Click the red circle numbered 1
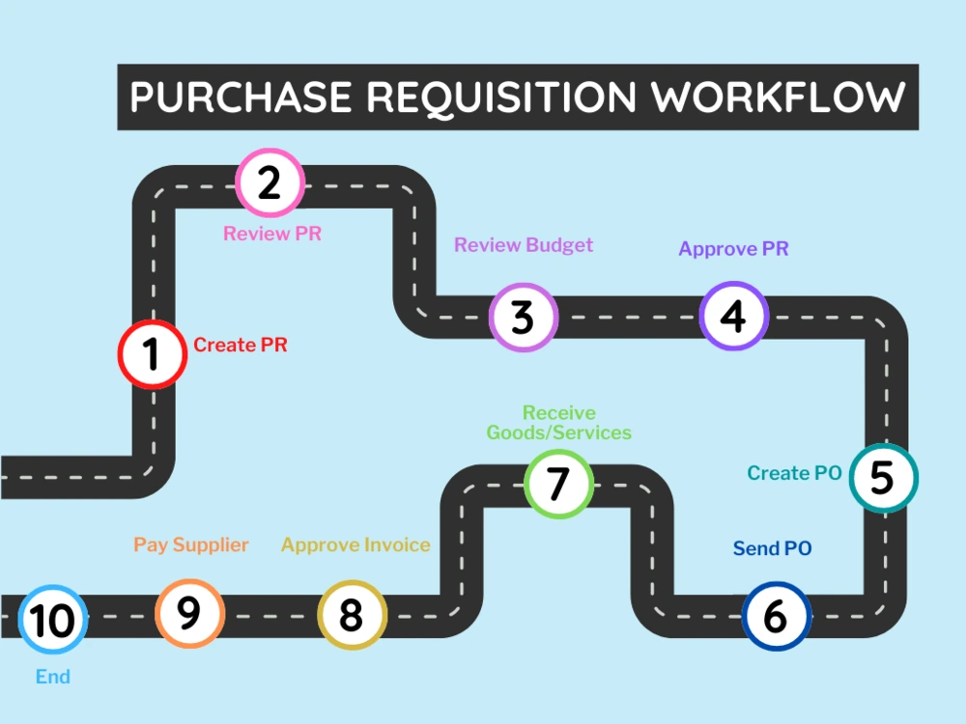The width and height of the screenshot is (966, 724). [152, 354]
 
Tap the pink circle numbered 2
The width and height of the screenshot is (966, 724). [270, 182]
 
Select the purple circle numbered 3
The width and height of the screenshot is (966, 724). [523, 317]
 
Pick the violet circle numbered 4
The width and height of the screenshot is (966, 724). [734, 315]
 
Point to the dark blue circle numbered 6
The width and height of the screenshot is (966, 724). [776, 616]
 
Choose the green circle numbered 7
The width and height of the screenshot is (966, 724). [558, 483]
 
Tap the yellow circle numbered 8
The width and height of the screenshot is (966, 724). [352, 615]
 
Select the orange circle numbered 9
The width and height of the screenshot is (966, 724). [189, 613]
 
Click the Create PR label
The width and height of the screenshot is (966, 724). [241, 345]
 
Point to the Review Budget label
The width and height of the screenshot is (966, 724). [524, 245]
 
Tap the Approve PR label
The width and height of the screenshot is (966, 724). [733, 249]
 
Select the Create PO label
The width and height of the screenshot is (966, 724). [794, 473]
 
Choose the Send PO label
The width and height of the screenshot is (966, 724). [772, 549]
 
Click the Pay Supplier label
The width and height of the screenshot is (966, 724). [191, 545]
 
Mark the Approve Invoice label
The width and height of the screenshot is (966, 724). [355, 545]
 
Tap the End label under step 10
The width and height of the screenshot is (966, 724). [53, 677]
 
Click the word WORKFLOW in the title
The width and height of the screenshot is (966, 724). [778, 97]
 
